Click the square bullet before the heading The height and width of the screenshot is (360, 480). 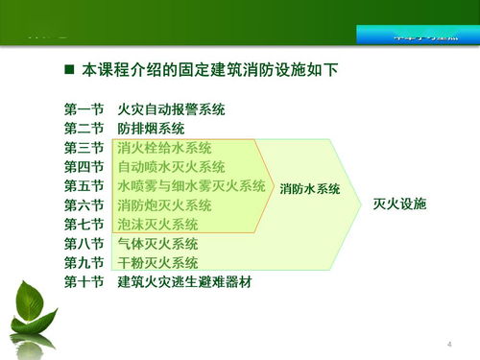tap(69, 71)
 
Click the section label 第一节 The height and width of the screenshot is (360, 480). tap(84, 109)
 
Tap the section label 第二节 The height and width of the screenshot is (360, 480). tap(84, 129)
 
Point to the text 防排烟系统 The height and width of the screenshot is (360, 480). tap(151, 129)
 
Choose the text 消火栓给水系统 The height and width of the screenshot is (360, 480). tap(164, 148)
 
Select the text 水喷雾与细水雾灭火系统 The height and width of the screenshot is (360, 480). tap(191, 186)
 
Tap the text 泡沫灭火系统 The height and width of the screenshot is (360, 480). tap(157, 225)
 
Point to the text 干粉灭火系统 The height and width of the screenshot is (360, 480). tap(157, 263)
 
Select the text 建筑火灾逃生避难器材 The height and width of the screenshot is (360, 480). tap(184, 282)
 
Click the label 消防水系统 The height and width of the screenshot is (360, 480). tap(310, 189)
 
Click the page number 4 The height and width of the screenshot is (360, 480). tap(448, 344)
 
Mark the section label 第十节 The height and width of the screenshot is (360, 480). tap(84, 282)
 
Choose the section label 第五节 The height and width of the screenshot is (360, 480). tap(84, 186)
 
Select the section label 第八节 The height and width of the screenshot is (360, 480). tap(84, 244)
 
